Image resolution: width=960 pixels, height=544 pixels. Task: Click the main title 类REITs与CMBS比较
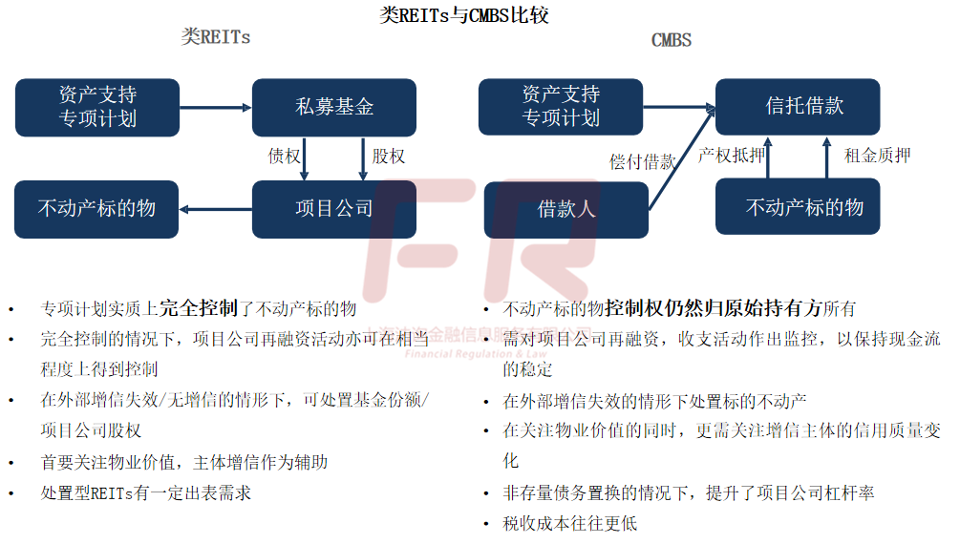[x=464, y=15]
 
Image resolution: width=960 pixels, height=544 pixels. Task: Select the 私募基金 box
[x=333, y=107]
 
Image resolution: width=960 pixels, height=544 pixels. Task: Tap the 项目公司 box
[x=333, y=209]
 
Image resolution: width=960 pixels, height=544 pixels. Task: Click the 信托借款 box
[x=798, y=106]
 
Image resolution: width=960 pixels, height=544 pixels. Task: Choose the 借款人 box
[x=565, y=209]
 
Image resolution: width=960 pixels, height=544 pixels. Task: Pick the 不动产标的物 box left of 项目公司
[x=96, y=209]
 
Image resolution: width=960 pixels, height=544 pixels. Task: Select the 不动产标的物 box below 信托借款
[x=798, y=207]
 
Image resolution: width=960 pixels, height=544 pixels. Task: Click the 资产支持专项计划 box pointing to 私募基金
[x=96, y=107]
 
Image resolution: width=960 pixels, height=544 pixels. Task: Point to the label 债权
[x=284, y=156]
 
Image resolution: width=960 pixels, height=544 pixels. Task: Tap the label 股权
[x=389, y=156]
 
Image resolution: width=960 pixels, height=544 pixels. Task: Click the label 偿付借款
[x=642, y=161]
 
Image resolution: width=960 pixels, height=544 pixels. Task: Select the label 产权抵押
[x=731, y=156]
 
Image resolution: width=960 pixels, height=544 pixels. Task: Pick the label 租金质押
[x=877, y=156]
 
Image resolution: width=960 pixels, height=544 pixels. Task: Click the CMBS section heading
[x=671, y=40]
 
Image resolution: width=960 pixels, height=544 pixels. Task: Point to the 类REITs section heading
[x=216, y=37]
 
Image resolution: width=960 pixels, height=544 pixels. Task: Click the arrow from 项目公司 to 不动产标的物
[x=216, y=209]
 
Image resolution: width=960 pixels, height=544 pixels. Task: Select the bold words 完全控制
[x=198, y=308]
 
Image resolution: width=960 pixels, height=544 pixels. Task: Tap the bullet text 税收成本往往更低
[x=569, y=523]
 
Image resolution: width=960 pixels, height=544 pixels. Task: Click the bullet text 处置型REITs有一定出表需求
[x=145, y=493]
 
